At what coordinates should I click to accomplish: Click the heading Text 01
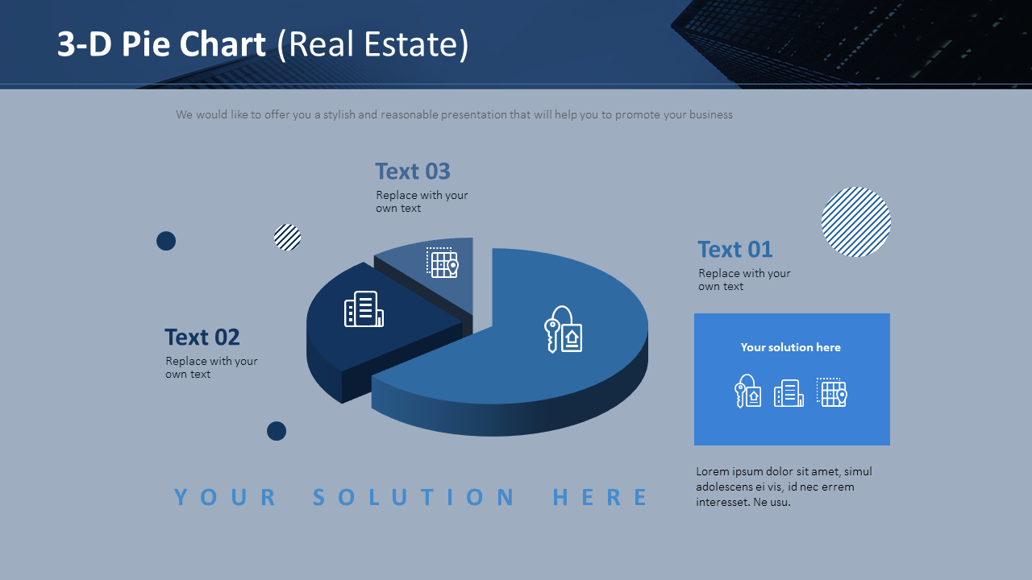(734, 250)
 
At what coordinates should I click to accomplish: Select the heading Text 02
(202, 337)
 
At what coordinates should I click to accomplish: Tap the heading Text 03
(412, 172)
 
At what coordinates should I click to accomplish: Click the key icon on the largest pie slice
(563, 329)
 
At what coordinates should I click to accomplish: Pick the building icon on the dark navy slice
(364, 309)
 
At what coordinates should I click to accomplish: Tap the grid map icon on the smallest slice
(443, 263)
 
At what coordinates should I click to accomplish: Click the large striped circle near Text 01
(856, 222)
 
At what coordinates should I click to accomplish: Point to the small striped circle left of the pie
(288, 238)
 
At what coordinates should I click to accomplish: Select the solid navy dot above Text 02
(166, 241)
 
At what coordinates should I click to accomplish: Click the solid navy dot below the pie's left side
(277, 431)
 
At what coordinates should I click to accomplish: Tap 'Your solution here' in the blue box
(791, 347)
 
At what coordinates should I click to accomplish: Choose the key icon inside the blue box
(747, 391)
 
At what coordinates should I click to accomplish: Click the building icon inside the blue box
(789, 393)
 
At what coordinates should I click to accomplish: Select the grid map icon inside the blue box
(831, 392)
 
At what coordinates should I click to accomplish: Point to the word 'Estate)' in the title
(416, 45)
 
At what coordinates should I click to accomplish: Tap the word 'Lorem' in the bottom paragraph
(712, 471)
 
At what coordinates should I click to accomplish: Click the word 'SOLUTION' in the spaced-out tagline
(414, 497)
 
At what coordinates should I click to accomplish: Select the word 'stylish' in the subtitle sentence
(339, 114)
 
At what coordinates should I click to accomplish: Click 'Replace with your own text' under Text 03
(422, 201)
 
